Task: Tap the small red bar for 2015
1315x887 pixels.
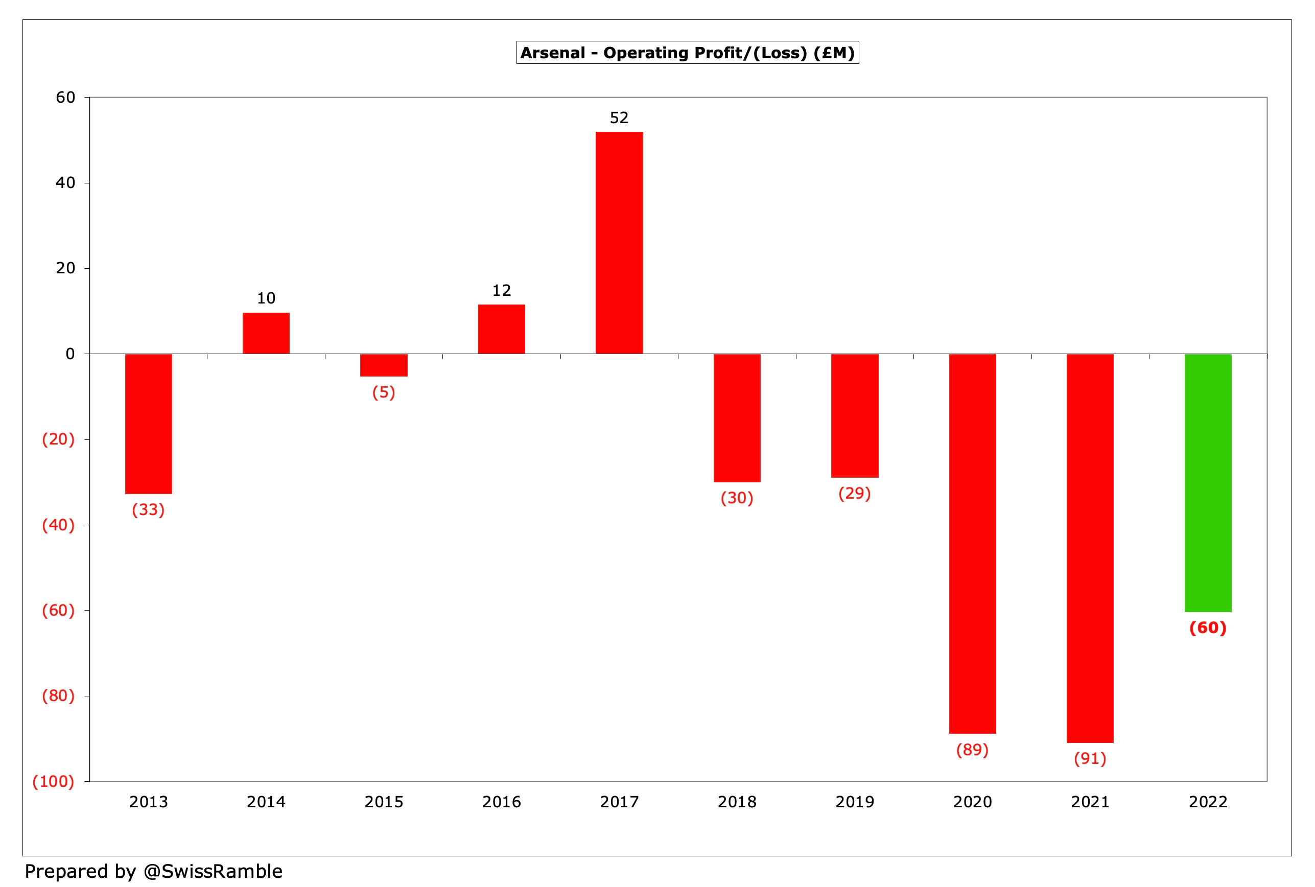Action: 384,365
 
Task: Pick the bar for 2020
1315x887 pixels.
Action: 972,543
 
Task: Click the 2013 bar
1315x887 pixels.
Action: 148,423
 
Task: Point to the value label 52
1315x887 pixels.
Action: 619,118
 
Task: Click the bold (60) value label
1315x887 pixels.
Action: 1207,627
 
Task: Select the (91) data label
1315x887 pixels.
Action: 1089,758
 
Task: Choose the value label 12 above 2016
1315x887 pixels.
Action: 501,290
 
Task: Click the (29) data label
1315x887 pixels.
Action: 854,493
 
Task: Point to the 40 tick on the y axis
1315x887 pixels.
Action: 65,183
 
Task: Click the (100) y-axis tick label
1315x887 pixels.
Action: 53,781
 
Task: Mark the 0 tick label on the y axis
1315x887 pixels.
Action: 70,354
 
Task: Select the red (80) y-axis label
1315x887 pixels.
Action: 58,695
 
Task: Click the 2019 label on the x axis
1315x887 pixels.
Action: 854,802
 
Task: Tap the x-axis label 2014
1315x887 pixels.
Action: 266,802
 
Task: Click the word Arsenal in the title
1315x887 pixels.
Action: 553,53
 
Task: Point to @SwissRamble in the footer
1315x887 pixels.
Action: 213,871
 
